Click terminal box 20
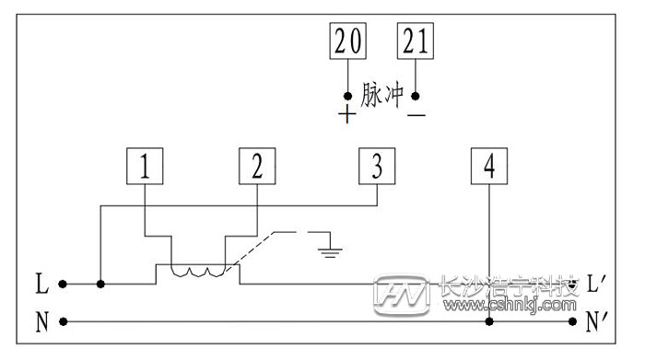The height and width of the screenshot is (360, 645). pyautogui.click(x=347, y=42)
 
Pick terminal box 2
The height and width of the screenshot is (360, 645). pyautogui.click(x=257, y=167)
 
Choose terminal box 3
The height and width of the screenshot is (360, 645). pyautogui.click(x=376, y=167)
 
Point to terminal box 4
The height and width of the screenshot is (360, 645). pyautogui.click(x=488, y=167)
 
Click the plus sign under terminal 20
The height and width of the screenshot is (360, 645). pyautogui.click(x=347, y=115)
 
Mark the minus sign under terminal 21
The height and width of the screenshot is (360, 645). pyautogui.click(x=416, y=115)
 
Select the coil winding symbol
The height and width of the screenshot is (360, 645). pyautogui.click(x=199, y=272)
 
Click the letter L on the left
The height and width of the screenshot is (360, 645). pyautogui.click(x=41, y=284)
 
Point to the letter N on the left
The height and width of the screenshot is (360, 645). pyautogui.click(x=41, y=322)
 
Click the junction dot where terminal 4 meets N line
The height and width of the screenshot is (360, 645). pyautogui.click(x=488, y=322)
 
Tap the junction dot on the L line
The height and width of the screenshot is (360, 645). pyautogui.click(x=100, y=284)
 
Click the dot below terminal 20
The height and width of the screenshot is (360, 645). pyautogui.click(x=347, y=95)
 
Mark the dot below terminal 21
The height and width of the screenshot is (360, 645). pyautogui.click(x=416, y=95)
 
